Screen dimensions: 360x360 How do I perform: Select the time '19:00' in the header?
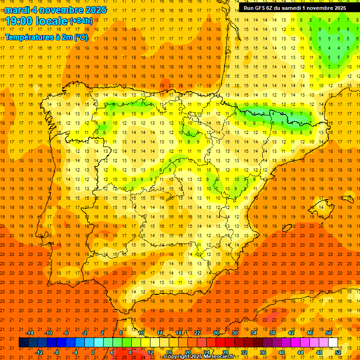(x=20, y=21)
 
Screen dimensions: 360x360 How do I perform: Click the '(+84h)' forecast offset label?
(x=81, y=21)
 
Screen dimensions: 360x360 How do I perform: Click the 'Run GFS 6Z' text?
(x=259, y=8)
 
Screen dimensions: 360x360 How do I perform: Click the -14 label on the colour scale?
(x=30, y=333)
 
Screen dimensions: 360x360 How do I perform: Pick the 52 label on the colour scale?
(x=338, y=352)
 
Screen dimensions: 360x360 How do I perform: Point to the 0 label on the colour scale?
(x=93, y=352)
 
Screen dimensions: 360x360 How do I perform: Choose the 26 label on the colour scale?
(x=216, y=333)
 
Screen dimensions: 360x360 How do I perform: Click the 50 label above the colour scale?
(x=329, y=333)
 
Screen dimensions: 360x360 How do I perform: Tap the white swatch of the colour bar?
(x=333, y=343)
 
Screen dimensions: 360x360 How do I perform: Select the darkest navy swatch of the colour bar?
(x=23, y=343)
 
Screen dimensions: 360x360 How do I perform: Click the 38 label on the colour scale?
(x=272, y=333)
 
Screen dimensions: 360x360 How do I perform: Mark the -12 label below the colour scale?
(x=39, y=352)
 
